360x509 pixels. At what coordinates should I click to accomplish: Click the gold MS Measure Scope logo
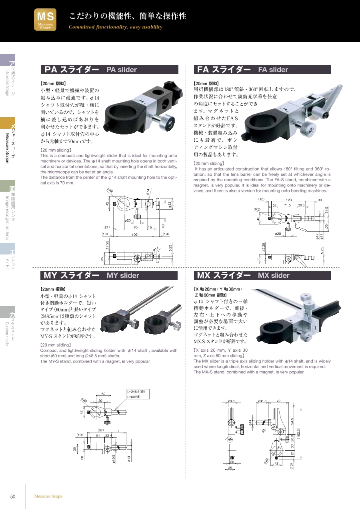(45, 20)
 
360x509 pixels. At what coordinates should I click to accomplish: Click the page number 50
(13, 496)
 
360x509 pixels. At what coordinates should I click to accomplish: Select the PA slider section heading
(110, 70)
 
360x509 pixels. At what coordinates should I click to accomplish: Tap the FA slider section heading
(262, 70)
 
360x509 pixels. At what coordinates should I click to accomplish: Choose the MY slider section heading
(109, 275)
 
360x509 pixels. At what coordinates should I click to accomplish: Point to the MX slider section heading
(262, 275)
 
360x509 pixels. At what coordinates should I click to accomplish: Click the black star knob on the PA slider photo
(174, 91)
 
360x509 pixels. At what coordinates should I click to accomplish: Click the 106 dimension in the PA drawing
(135, 234)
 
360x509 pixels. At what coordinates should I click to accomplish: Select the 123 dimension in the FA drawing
(289, 200)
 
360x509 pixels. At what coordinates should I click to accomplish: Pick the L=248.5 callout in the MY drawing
(136, 391)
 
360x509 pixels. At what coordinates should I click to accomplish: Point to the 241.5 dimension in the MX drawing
(262, 401)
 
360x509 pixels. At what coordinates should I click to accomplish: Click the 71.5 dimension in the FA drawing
(287, 205)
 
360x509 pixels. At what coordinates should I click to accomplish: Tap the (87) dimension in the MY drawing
(101, 430)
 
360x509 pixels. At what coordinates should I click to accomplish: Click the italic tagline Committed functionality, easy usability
(115, 27)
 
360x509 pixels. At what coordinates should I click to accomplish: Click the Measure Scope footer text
(48, 496)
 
